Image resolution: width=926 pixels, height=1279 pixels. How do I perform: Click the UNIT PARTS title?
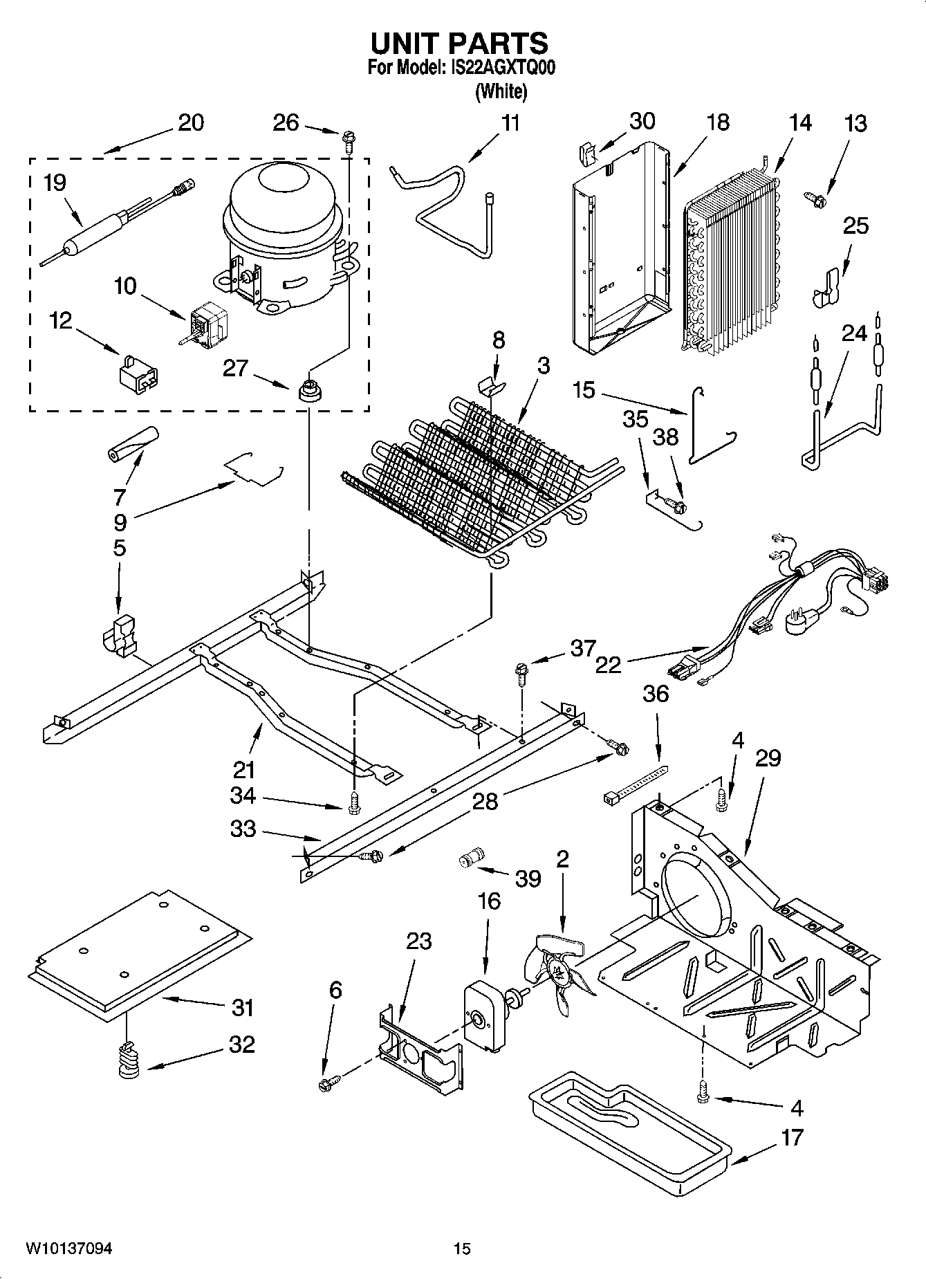point(459,44)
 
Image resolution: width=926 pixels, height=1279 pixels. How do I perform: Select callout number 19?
point(55,183)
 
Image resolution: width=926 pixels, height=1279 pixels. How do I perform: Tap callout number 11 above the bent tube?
point(510,124)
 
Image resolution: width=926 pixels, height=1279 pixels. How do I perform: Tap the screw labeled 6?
point(327,1083)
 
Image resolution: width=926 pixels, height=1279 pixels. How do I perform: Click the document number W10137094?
point(68,1249)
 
